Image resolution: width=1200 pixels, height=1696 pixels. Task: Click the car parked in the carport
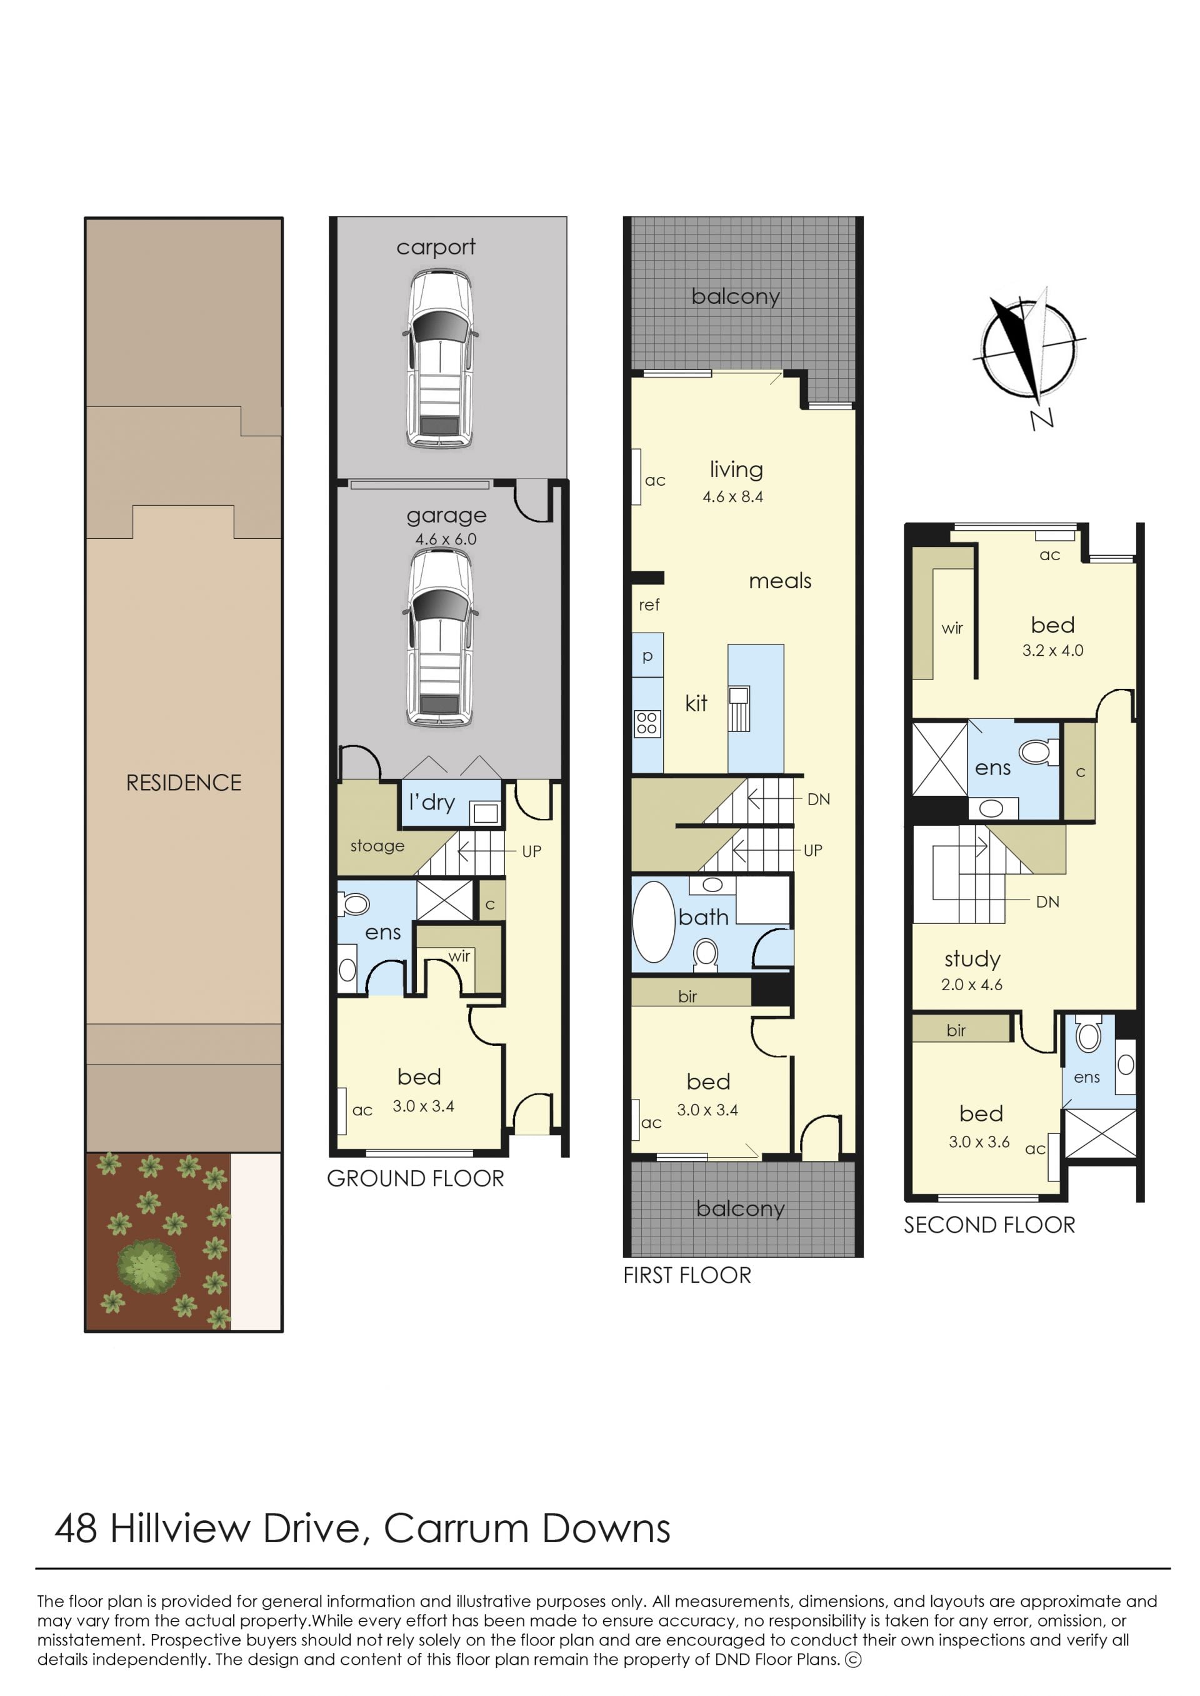point(439,358)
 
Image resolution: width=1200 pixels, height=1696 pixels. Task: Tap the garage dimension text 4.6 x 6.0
point(446,539)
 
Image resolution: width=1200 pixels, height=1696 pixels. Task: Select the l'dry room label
point(432,803)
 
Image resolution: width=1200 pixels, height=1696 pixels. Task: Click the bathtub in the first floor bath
point(654,921)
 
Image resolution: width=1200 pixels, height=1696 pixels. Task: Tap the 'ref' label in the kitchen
point(649,605)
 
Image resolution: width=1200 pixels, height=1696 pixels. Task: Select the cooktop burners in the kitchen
point(647,723)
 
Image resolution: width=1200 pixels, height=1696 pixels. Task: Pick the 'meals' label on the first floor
point(779,581)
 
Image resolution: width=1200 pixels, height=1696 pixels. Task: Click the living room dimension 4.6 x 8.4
point(732,496)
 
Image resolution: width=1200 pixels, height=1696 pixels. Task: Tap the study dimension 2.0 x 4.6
point(972,985)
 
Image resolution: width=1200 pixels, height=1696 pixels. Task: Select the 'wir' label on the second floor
point(952,628)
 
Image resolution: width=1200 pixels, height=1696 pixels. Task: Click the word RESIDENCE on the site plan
point(184,783)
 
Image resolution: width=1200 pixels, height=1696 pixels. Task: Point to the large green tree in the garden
point(147,1266)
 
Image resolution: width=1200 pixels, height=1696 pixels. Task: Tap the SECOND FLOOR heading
point(989,1225)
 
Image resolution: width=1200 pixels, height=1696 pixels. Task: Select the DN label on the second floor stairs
point(1047,901)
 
